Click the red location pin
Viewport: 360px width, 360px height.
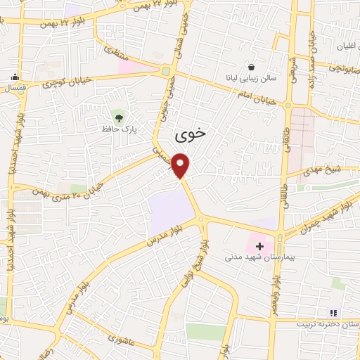point(181,165)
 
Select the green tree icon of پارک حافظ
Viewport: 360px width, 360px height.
point(117,115)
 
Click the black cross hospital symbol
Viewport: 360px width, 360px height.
point(259,246)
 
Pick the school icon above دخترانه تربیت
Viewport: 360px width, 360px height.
point(333,312)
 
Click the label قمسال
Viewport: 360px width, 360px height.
point(15,89)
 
